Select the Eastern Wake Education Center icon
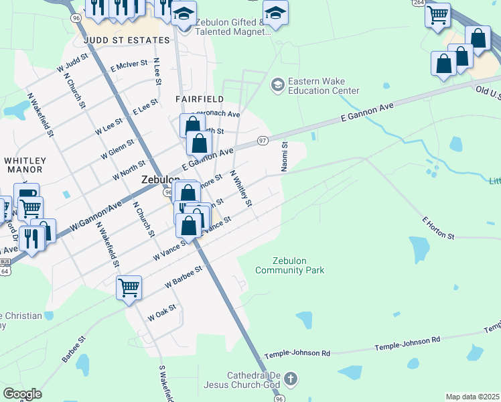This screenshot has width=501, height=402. click(x=277, y=85)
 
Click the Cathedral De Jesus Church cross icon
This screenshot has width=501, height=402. click(x=290, y=379)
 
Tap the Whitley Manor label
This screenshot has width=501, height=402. click(x=25, y=165)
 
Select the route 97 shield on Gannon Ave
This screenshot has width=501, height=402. click(x=263, y=141)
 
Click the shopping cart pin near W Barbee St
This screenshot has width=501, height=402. click(x=129, y=288)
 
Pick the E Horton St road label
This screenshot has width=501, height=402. click(x=439, y=228)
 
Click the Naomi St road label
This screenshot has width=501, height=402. click(x=285, y=157)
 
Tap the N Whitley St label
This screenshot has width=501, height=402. click(x=240, y=188)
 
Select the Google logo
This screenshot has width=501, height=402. click(x=22, y=394)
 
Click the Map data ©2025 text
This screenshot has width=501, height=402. click(x=472, y=397)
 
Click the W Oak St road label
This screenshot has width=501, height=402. click(x=161, y=312)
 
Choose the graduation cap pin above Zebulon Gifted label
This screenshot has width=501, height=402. click(x=275, y=12)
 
